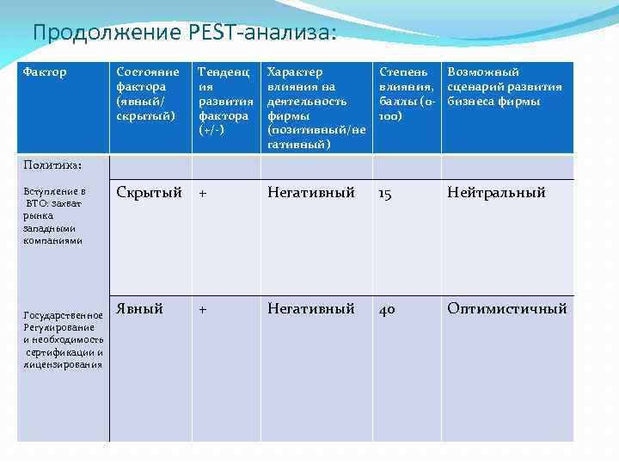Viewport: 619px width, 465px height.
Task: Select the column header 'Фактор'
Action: pos(45,72)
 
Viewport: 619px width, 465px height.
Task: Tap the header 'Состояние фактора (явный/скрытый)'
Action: pos(148,94)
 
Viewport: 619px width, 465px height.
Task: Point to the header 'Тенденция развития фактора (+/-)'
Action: pos(224,101)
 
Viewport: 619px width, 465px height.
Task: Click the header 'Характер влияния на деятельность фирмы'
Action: pos(316,108)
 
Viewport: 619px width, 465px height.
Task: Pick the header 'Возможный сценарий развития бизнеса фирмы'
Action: pos(505,87)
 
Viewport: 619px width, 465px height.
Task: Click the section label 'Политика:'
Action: pos(53,164)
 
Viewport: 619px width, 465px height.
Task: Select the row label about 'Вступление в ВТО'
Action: pos(54,215)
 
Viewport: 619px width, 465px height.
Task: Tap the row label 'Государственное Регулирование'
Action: pos(64,339)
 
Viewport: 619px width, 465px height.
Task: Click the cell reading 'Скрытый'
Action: pos(150,193)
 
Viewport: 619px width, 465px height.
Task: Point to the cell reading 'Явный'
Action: pos(139,308)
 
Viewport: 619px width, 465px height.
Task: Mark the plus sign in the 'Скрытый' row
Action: pos(203,194)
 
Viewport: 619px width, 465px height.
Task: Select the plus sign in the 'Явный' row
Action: pos(203,309)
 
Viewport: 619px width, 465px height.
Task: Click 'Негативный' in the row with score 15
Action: pos(310,193)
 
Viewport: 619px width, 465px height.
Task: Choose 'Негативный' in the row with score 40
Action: pos(310,308)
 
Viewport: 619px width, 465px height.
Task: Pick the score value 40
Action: pos(388,309)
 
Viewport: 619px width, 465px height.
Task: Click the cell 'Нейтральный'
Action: pos(496,193)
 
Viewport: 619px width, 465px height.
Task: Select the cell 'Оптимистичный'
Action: pos(506,308)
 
